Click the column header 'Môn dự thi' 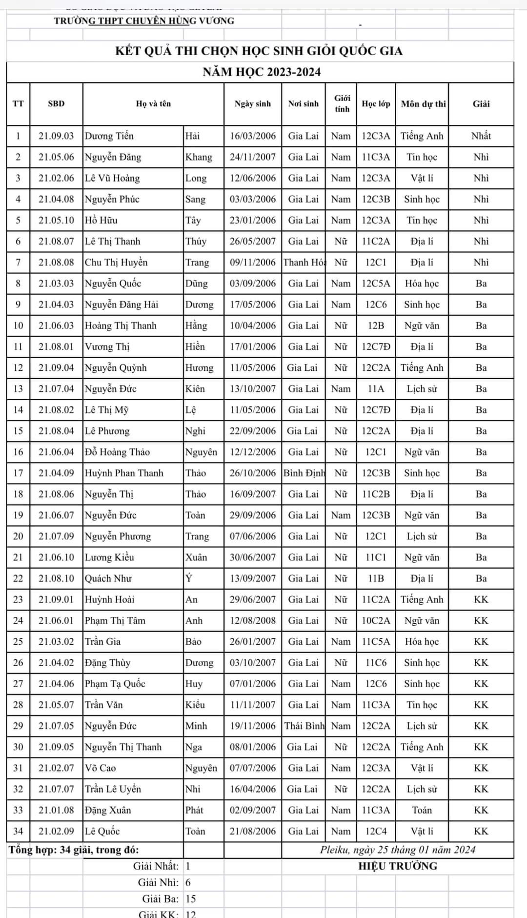[x=423, y=103]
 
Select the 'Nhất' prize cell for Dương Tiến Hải [x=481, y=136]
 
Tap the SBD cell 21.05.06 [x=56, y=157]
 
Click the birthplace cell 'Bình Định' [x=304, y=473]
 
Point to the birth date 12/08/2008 [x=253, y=620]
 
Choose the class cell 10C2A [x=376, y=620]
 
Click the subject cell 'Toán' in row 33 [x=422, y=810]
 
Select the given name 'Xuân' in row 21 [x=196, y=557]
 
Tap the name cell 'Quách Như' [x=108, y=578]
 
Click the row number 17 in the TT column [x=18, y=473]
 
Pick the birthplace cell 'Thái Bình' [x=304, y=726]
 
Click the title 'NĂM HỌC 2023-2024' [x=262, y=72]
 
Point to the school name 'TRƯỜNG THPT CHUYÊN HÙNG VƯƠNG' [x=144, y=21]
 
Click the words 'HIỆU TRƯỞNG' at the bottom [x=398, y=866]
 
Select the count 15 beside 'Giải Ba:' [x=191, y=898]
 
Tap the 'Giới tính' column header [x=342, y=103]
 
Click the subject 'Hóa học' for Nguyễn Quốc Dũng [x=422, y=283]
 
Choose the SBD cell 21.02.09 [x=56, y=831]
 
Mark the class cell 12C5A [x=376, y=283]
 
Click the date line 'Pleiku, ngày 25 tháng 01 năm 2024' [x=398, y=850]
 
